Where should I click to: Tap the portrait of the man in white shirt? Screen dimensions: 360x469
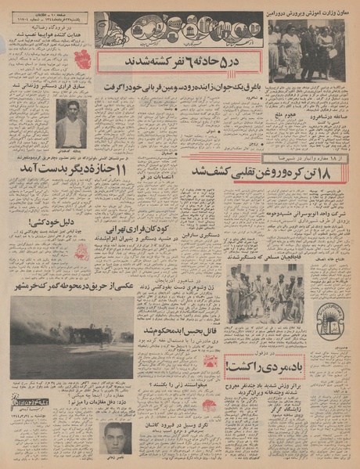click(x=71, y=123)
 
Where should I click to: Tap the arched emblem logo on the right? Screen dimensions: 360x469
click(x=328, y=318)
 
